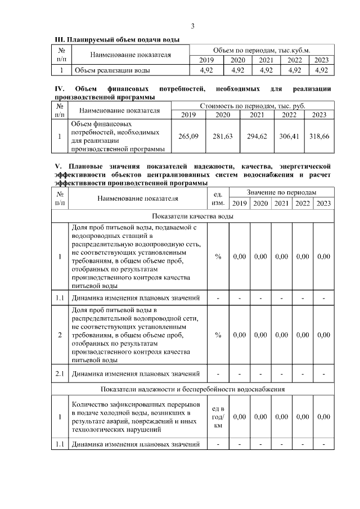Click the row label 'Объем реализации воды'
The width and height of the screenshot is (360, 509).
click(x=112, y=70)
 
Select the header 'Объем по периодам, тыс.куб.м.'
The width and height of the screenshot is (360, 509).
click(x=262, y=50)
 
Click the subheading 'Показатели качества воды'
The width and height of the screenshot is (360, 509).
click(x=192, y=216)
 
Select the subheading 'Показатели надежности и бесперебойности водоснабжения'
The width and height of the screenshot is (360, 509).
click(x=192, y=389)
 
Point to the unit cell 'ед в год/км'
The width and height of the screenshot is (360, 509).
click(x=218, y=417)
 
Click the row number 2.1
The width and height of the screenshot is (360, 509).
click(x=60, y=373)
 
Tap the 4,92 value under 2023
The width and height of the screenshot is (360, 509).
click(x=322, y=70)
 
